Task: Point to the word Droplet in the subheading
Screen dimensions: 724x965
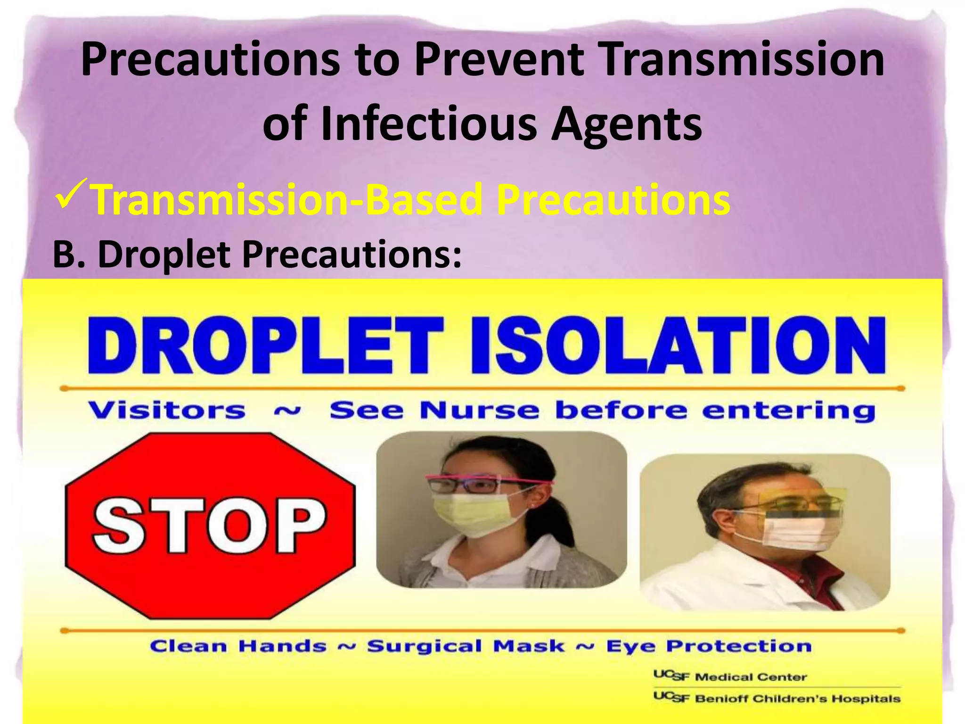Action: (164, 255)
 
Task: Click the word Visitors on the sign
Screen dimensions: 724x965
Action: (167, 410)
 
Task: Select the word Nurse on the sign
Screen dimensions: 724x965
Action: (479, 410)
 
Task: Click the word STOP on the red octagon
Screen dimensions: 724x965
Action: (210, 526)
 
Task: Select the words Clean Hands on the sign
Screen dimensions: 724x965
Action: (238, 646)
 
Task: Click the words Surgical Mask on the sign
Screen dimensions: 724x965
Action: (466, 646)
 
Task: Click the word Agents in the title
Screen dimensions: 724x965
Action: (627, 123)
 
